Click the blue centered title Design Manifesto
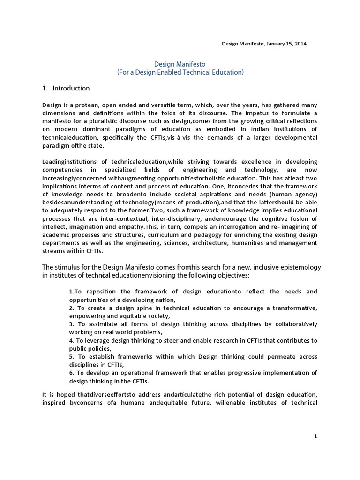coord(180,63)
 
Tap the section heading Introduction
coord(71,88)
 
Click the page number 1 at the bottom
coord(315,436)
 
